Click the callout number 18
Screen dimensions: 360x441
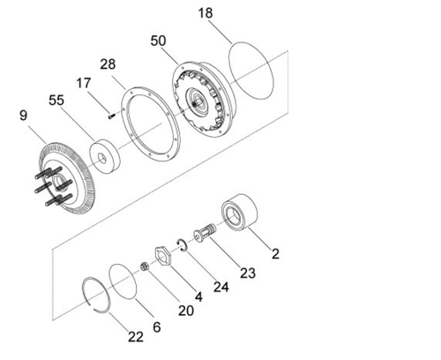tap(205, 13)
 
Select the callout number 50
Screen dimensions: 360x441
tap(159, 41)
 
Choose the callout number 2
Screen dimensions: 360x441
tap(275, 254)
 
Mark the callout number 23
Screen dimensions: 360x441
tap(248, 273)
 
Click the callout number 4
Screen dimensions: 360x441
tap(198, 297)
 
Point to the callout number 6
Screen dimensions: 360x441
tap(156, 326)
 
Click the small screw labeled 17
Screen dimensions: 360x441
tap(109, 111)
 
